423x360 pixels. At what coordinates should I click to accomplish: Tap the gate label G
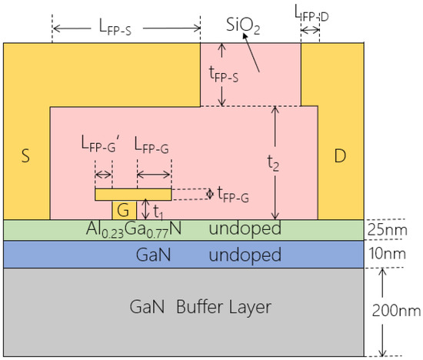[123, 208]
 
